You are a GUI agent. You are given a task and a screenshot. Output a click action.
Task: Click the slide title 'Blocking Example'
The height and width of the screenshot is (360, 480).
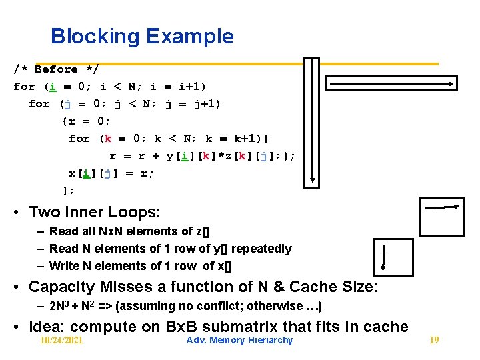click(x=142, y=36)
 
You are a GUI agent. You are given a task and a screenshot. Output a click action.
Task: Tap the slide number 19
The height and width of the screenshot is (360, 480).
click(x=434, y=340)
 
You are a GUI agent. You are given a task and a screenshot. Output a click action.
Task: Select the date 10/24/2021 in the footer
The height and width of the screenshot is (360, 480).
click(x=61, y=340)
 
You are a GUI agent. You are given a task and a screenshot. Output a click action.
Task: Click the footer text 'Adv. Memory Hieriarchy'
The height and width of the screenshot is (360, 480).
click(x=239, y=340)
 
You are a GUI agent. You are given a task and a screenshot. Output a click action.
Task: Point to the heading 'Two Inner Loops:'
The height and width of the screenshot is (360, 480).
click(x=94, y=212)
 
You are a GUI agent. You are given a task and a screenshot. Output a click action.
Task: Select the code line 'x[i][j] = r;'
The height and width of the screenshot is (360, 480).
click(x=111, y=173)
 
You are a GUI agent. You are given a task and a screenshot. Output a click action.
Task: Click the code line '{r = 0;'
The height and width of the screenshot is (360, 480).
click(x=87, y=121)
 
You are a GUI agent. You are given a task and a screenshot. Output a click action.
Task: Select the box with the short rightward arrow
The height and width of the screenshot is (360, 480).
click(x=441, y=217)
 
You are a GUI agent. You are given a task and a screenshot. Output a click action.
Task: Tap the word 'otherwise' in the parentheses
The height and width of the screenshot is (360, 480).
click(x=275, y=306)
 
